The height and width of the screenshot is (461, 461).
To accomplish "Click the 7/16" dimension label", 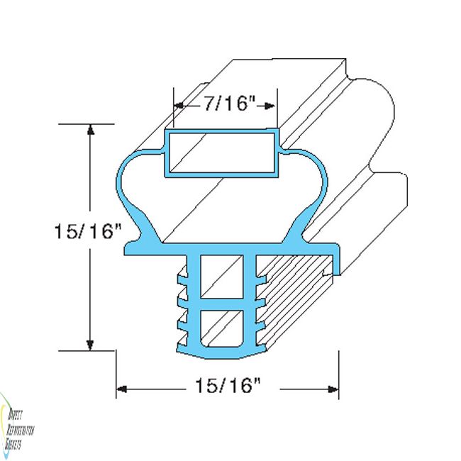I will point(228,105).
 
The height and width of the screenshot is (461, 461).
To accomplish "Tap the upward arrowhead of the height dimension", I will point(90,130).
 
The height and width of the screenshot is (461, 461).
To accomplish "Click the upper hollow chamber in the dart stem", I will point(221,277).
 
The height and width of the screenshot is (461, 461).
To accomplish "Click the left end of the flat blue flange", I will point(130,248).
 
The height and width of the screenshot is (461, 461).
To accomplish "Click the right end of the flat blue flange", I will point(335,248).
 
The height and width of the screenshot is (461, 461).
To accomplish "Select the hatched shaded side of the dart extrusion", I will point(291,298).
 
